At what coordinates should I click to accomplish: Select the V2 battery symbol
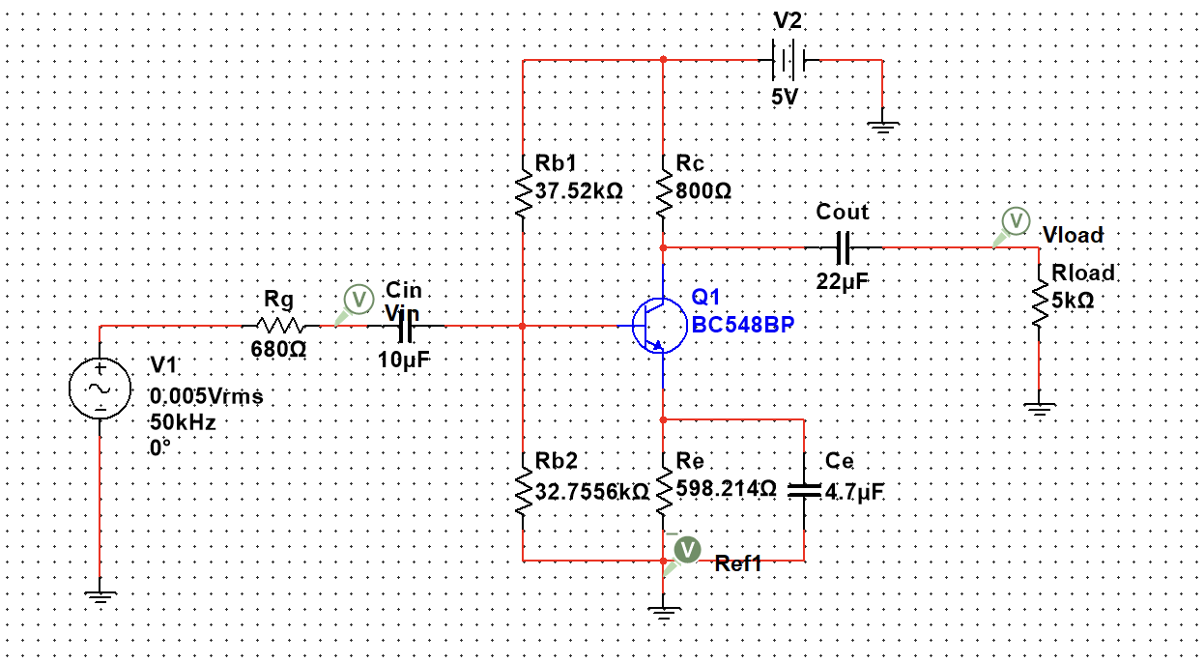(788, 60)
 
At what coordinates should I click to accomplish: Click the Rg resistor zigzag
(280, 326)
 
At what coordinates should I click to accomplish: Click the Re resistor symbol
(664, 493)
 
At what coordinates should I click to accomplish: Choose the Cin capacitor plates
(406, 328)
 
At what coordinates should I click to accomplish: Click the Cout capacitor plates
(844, 247)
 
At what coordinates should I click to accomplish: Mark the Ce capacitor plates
(804, 491)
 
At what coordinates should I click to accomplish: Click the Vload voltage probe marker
(1015, 221)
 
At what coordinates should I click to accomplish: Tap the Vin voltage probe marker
(358, 299)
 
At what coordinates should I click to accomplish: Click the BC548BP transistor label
(742, 324)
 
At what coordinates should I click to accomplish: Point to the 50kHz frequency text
(182, 422)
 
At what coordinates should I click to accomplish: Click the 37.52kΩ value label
(579, 191)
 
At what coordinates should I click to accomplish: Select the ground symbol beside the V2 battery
(882, 124)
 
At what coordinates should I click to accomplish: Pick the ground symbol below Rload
(1039, 410)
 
